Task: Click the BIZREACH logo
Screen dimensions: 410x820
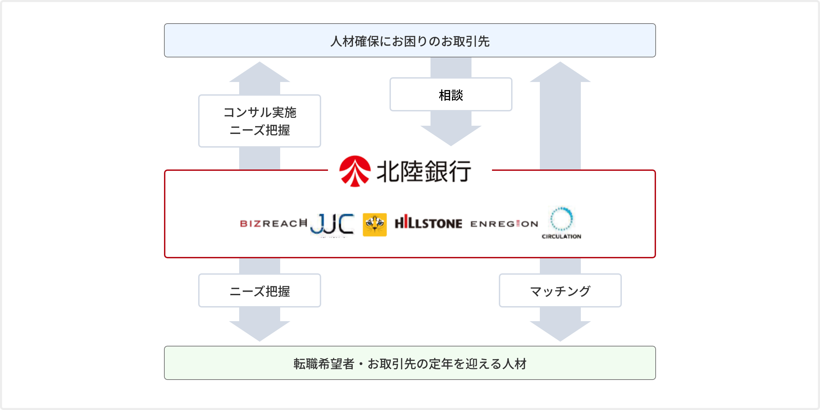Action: pos(273,223)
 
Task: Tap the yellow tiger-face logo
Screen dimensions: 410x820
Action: pos(375,224)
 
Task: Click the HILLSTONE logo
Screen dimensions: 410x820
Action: pos(428,223)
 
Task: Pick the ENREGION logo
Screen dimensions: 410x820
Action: pos(504,224)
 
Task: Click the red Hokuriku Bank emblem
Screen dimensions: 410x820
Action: pos(355,171)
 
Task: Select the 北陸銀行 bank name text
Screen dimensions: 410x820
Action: pos(424,172)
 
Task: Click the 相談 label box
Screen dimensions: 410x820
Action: pos(451,95)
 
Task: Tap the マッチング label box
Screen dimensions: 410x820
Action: pos(560,291)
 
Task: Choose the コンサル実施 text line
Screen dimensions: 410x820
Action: pos(260,112)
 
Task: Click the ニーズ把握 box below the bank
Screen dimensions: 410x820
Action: pos(260,291)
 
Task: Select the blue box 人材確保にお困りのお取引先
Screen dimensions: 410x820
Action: pos(410,41)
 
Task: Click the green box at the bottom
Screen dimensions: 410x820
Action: pos(410,363)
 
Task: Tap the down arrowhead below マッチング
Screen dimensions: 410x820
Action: pos(560,330)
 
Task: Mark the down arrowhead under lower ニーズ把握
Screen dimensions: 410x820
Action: pos(260,330)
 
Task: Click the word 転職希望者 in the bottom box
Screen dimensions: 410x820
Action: pos(324,364)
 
